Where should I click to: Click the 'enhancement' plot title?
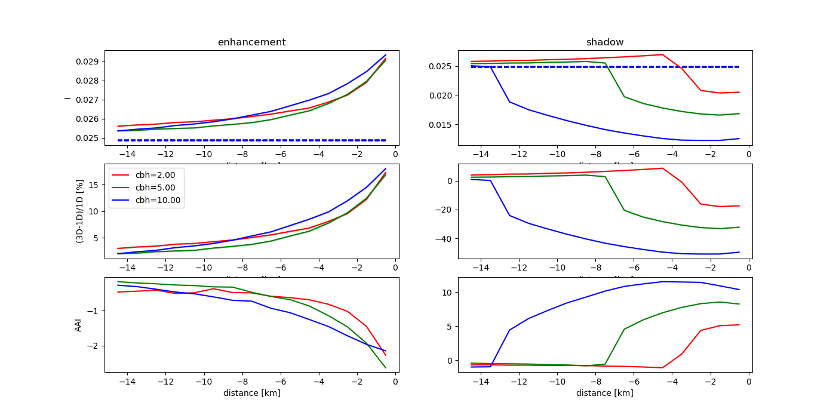click(251, 42)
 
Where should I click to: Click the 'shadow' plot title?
click(605, 42)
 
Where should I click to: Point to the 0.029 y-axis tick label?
click(87, 62)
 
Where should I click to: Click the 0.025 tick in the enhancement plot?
click(87, 138)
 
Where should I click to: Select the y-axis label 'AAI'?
click(78, 325)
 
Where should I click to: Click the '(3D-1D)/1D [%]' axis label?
click(79, 211)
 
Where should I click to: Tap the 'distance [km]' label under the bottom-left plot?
click(251, 393)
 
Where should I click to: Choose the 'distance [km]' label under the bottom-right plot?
click(605, 393)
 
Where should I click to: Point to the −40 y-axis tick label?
click(445, 239)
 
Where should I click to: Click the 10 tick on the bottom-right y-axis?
click(448, 292)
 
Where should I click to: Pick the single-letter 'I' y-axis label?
click(67, 97)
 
